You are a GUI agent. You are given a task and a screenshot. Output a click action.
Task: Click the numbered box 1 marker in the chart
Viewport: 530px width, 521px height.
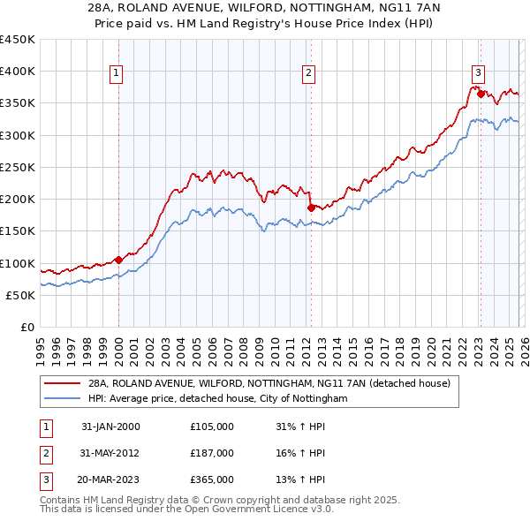[117, 74]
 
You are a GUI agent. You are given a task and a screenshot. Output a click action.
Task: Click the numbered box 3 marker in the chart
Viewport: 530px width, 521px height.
[478, 74]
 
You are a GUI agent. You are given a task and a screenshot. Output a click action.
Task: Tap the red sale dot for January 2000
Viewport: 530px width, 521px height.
[118, 260]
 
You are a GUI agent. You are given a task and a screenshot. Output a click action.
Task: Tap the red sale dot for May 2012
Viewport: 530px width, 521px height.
[311, 208]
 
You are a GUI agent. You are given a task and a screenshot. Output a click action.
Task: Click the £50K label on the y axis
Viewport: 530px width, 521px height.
[21, 295]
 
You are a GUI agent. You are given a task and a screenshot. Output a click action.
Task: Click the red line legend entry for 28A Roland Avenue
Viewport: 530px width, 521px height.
[269, 384]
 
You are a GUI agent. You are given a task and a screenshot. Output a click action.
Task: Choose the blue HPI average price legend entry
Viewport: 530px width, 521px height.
[217, 399]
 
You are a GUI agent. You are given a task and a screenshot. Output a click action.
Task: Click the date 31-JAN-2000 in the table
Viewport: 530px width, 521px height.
[110, 427]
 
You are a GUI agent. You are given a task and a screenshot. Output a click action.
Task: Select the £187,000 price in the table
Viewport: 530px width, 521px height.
[212, 453]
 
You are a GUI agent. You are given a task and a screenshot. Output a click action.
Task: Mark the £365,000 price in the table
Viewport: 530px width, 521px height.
[212, 479]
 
